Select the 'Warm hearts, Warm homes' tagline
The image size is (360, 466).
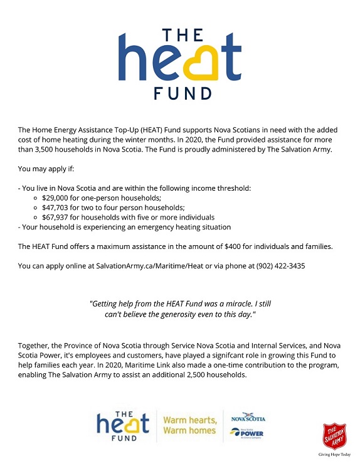pos(190,425)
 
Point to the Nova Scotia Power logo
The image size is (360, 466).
pos(248,433)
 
